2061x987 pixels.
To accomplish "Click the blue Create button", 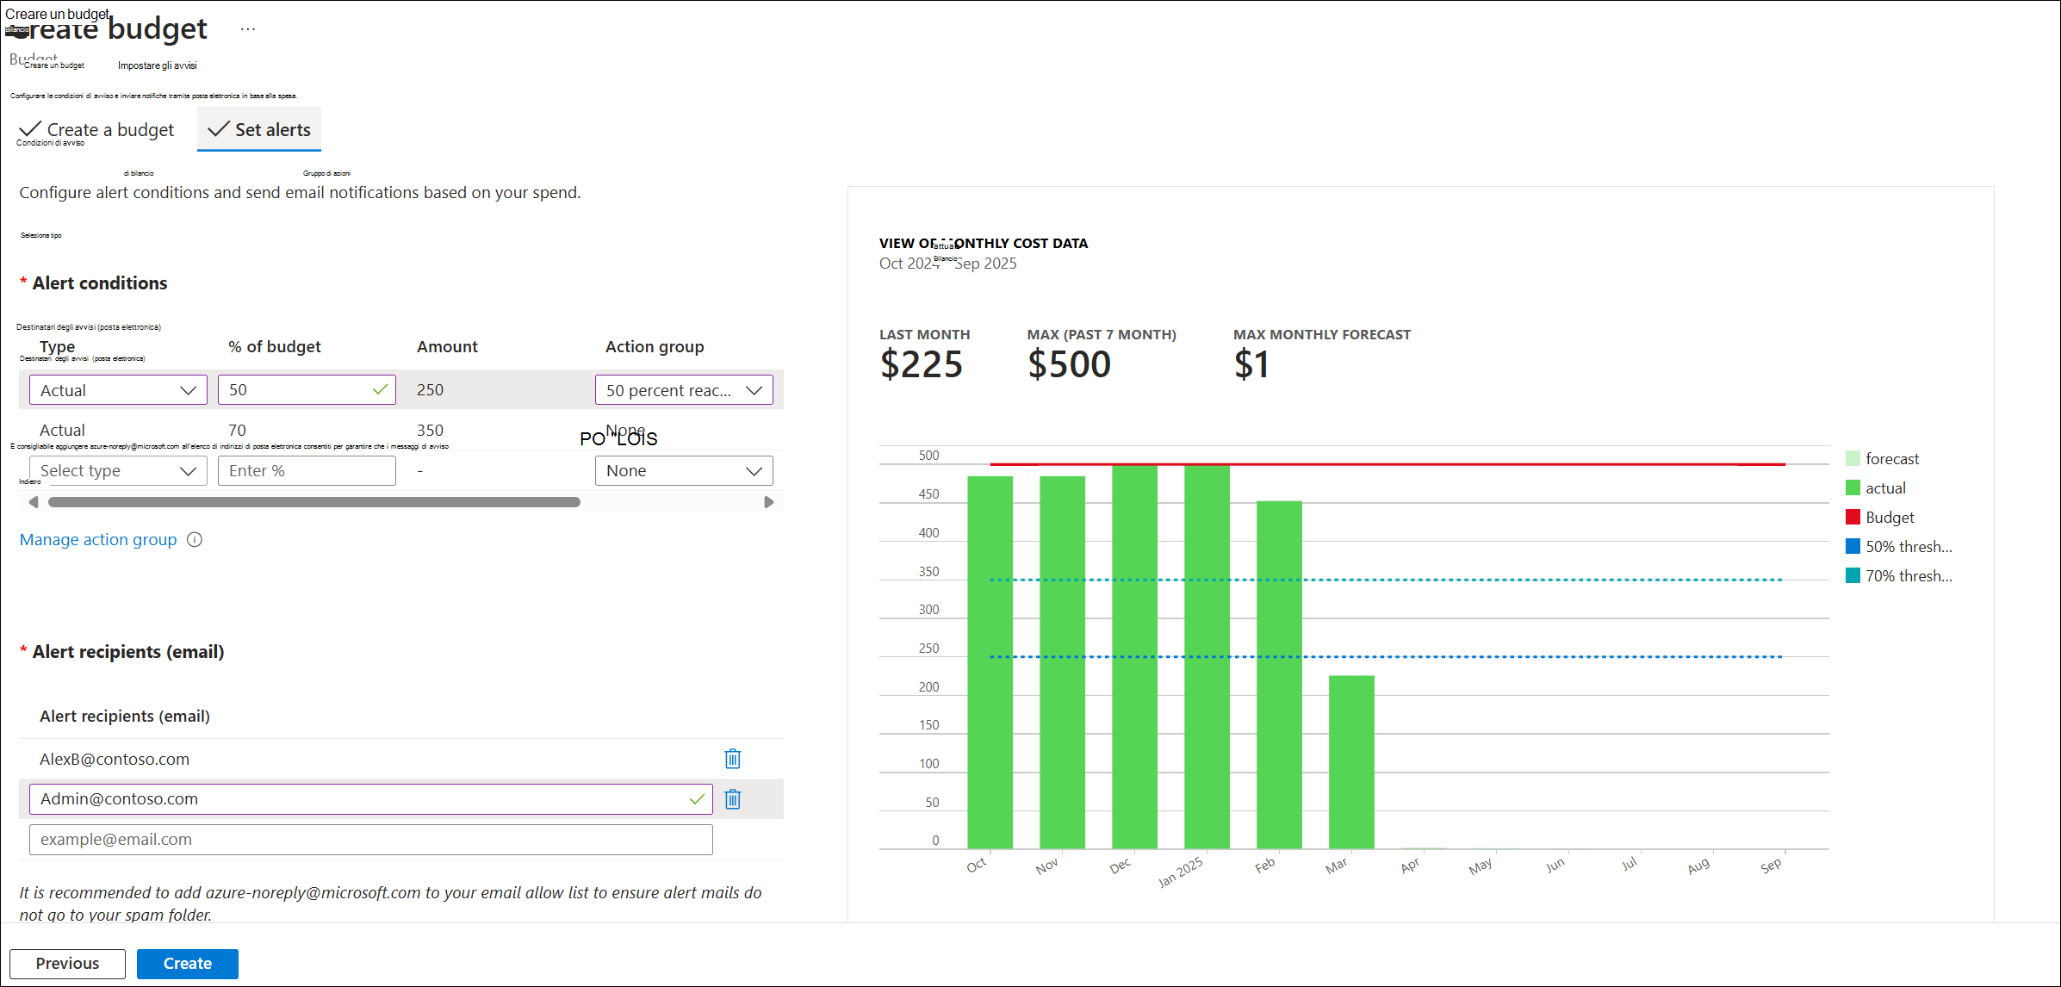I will [x=187, y=963].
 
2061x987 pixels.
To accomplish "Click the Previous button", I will [x=67, y=963].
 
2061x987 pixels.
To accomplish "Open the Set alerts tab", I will [x=259, y=129].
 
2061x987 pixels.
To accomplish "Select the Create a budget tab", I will [x=96, y=129].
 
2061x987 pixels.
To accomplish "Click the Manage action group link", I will [x=98, y=540].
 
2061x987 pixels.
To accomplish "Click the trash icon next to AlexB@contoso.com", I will [x=733, y=759].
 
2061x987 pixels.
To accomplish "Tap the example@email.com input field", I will [x=370, y=840].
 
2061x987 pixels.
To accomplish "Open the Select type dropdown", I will [x=118, y=471].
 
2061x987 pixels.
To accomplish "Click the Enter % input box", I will [x=306, y=471].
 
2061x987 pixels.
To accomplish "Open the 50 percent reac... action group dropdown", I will [x=683, y=390].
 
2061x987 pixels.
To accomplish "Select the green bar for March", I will [x=1351, y=762].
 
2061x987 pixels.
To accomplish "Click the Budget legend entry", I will [x=1889, y=518].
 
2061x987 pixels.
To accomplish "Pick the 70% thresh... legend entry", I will [x=1908, y=576].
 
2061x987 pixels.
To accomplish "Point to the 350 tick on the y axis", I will [x=928, y=572].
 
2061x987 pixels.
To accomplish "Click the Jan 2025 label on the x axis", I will [x=1180, y=872].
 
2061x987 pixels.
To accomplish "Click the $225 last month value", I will [x=921, y=364].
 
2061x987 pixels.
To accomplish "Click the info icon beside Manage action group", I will [x=195, y=540].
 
